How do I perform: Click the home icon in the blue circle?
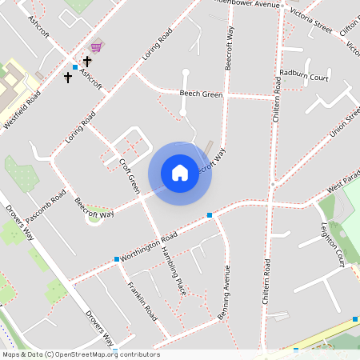[x=180, y=173]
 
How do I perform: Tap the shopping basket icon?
[x=97, y=46]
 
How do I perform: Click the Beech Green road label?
[x=200, y=94]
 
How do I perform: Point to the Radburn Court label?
[x=305, y=76]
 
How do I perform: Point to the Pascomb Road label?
[x=46, y=207]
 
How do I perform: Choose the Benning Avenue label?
[x=225, y=293]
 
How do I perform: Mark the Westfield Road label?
[x=23, y=110]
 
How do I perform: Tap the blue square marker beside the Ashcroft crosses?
[x=75, y=66]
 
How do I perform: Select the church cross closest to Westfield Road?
[x=68, y=78]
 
